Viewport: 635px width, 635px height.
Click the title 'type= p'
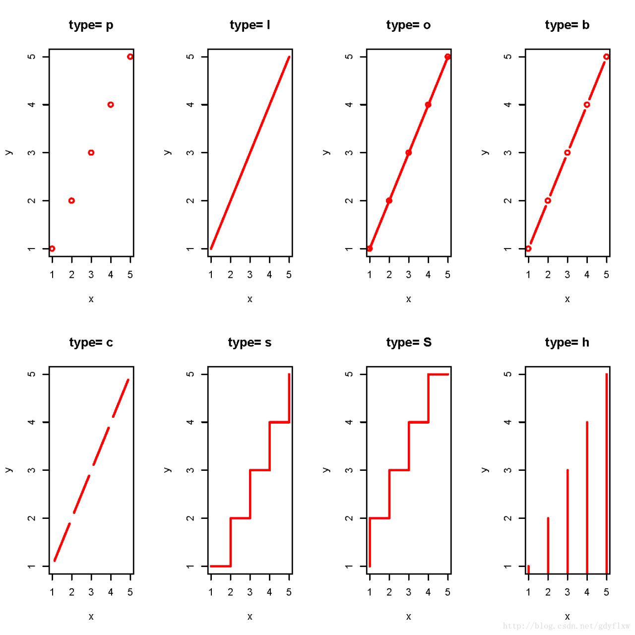91,25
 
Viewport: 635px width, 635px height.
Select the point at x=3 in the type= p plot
91,153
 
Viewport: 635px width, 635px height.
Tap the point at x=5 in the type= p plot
130,57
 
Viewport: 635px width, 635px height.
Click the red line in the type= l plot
250,153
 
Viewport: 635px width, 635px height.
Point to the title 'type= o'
408,25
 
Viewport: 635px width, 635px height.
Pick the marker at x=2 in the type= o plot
389,200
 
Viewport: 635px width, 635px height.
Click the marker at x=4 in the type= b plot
587,105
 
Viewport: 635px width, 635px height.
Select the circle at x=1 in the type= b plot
528,249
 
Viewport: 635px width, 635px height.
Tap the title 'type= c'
91,343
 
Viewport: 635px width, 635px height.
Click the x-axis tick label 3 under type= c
91,592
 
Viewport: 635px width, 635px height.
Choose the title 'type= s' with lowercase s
250,343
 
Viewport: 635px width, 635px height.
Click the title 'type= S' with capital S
409,343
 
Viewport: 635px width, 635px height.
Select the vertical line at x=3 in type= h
568,521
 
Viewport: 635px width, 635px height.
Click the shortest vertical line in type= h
528,570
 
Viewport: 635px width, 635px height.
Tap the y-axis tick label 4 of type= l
190,105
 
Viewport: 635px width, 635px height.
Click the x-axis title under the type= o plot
409,299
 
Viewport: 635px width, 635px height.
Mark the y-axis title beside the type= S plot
326,470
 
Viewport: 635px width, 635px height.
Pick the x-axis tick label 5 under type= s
289,592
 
